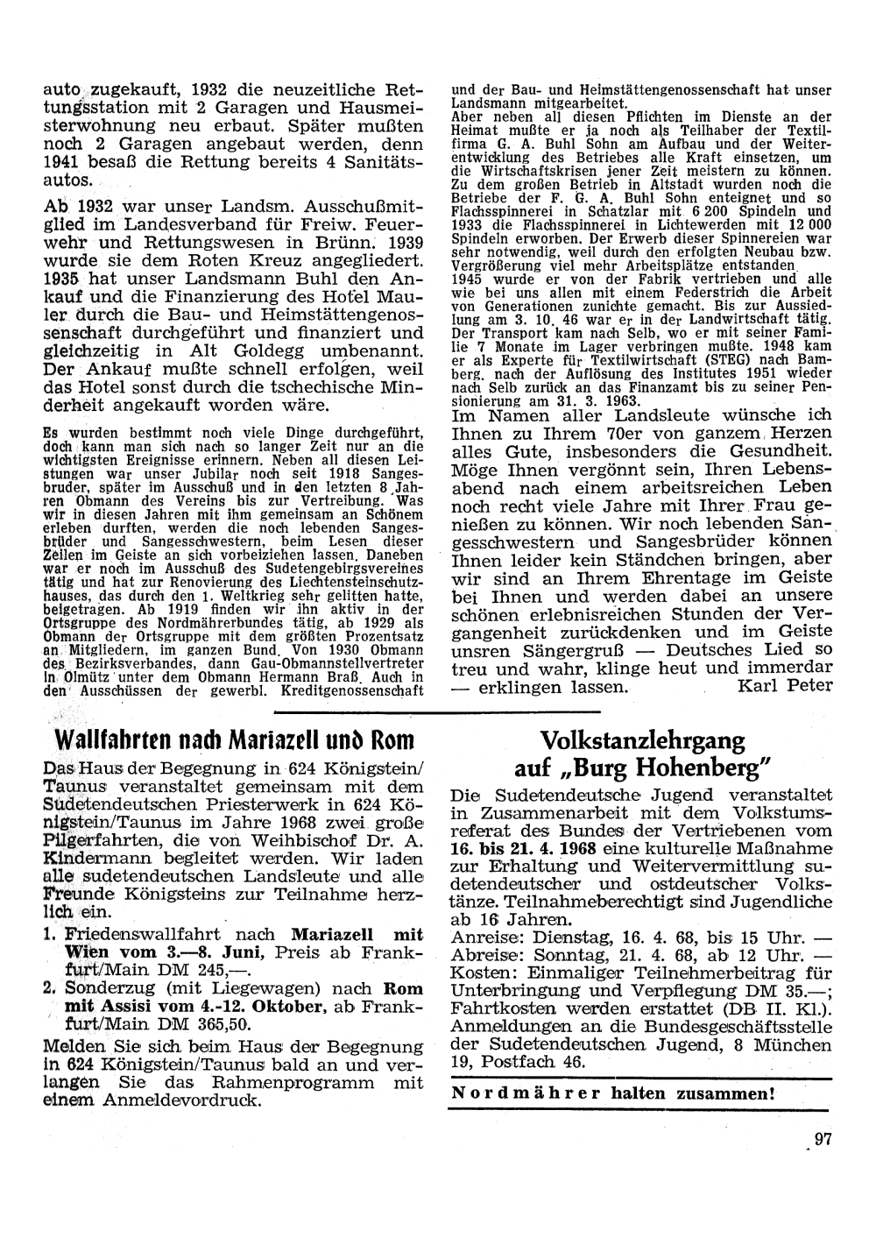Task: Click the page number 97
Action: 822,1140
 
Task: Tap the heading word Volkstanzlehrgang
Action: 643,740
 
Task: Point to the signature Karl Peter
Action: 785,685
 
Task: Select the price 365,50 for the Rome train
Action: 227,1022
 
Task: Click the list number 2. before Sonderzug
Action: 49,987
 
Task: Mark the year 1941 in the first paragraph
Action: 60,162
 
